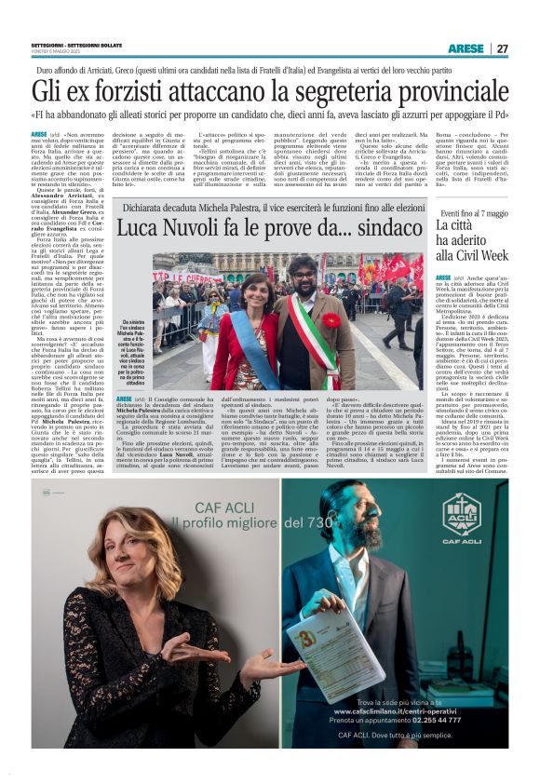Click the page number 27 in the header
pos(503,48)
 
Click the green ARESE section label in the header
pos(465,48)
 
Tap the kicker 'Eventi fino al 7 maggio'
pos(474,213)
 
